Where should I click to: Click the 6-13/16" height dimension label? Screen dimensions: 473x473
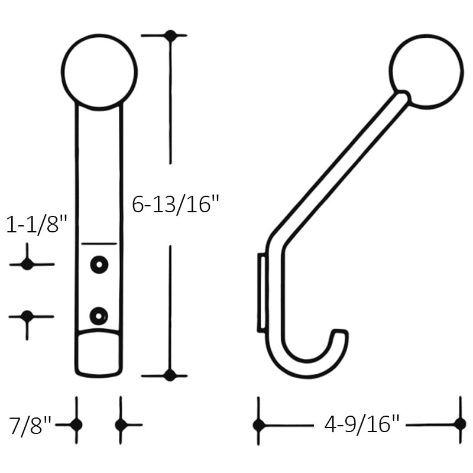coord(176,205)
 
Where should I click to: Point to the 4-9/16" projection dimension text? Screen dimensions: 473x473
coord(362,424)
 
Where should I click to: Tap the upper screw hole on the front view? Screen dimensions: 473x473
coord(99,264)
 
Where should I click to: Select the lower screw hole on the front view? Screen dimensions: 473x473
coord(99,316)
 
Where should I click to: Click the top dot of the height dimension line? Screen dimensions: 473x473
coord(171,36)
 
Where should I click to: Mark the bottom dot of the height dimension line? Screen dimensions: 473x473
coord(170,375)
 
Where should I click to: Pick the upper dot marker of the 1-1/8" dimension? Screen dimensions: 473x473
coord(27,264)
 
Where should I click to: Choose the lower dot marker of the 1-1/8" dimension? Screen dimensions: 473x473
coord(27,316)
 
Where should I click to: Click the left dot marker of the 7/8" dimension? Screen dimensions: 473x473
coord(76,425)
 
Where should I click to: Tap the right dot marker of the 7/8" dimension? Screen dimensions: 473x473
coord(121,425)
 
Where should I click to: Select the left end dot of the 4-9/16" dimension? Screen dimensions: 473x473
coord(258,425)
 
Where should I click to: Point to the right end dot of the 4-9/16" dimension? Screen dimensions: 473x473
coord(460,423)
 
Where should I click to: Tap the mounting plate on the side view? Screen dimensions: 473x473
coord(260,292)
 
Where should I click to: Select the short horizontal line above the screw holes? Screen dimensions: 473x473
coord(99,243)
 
